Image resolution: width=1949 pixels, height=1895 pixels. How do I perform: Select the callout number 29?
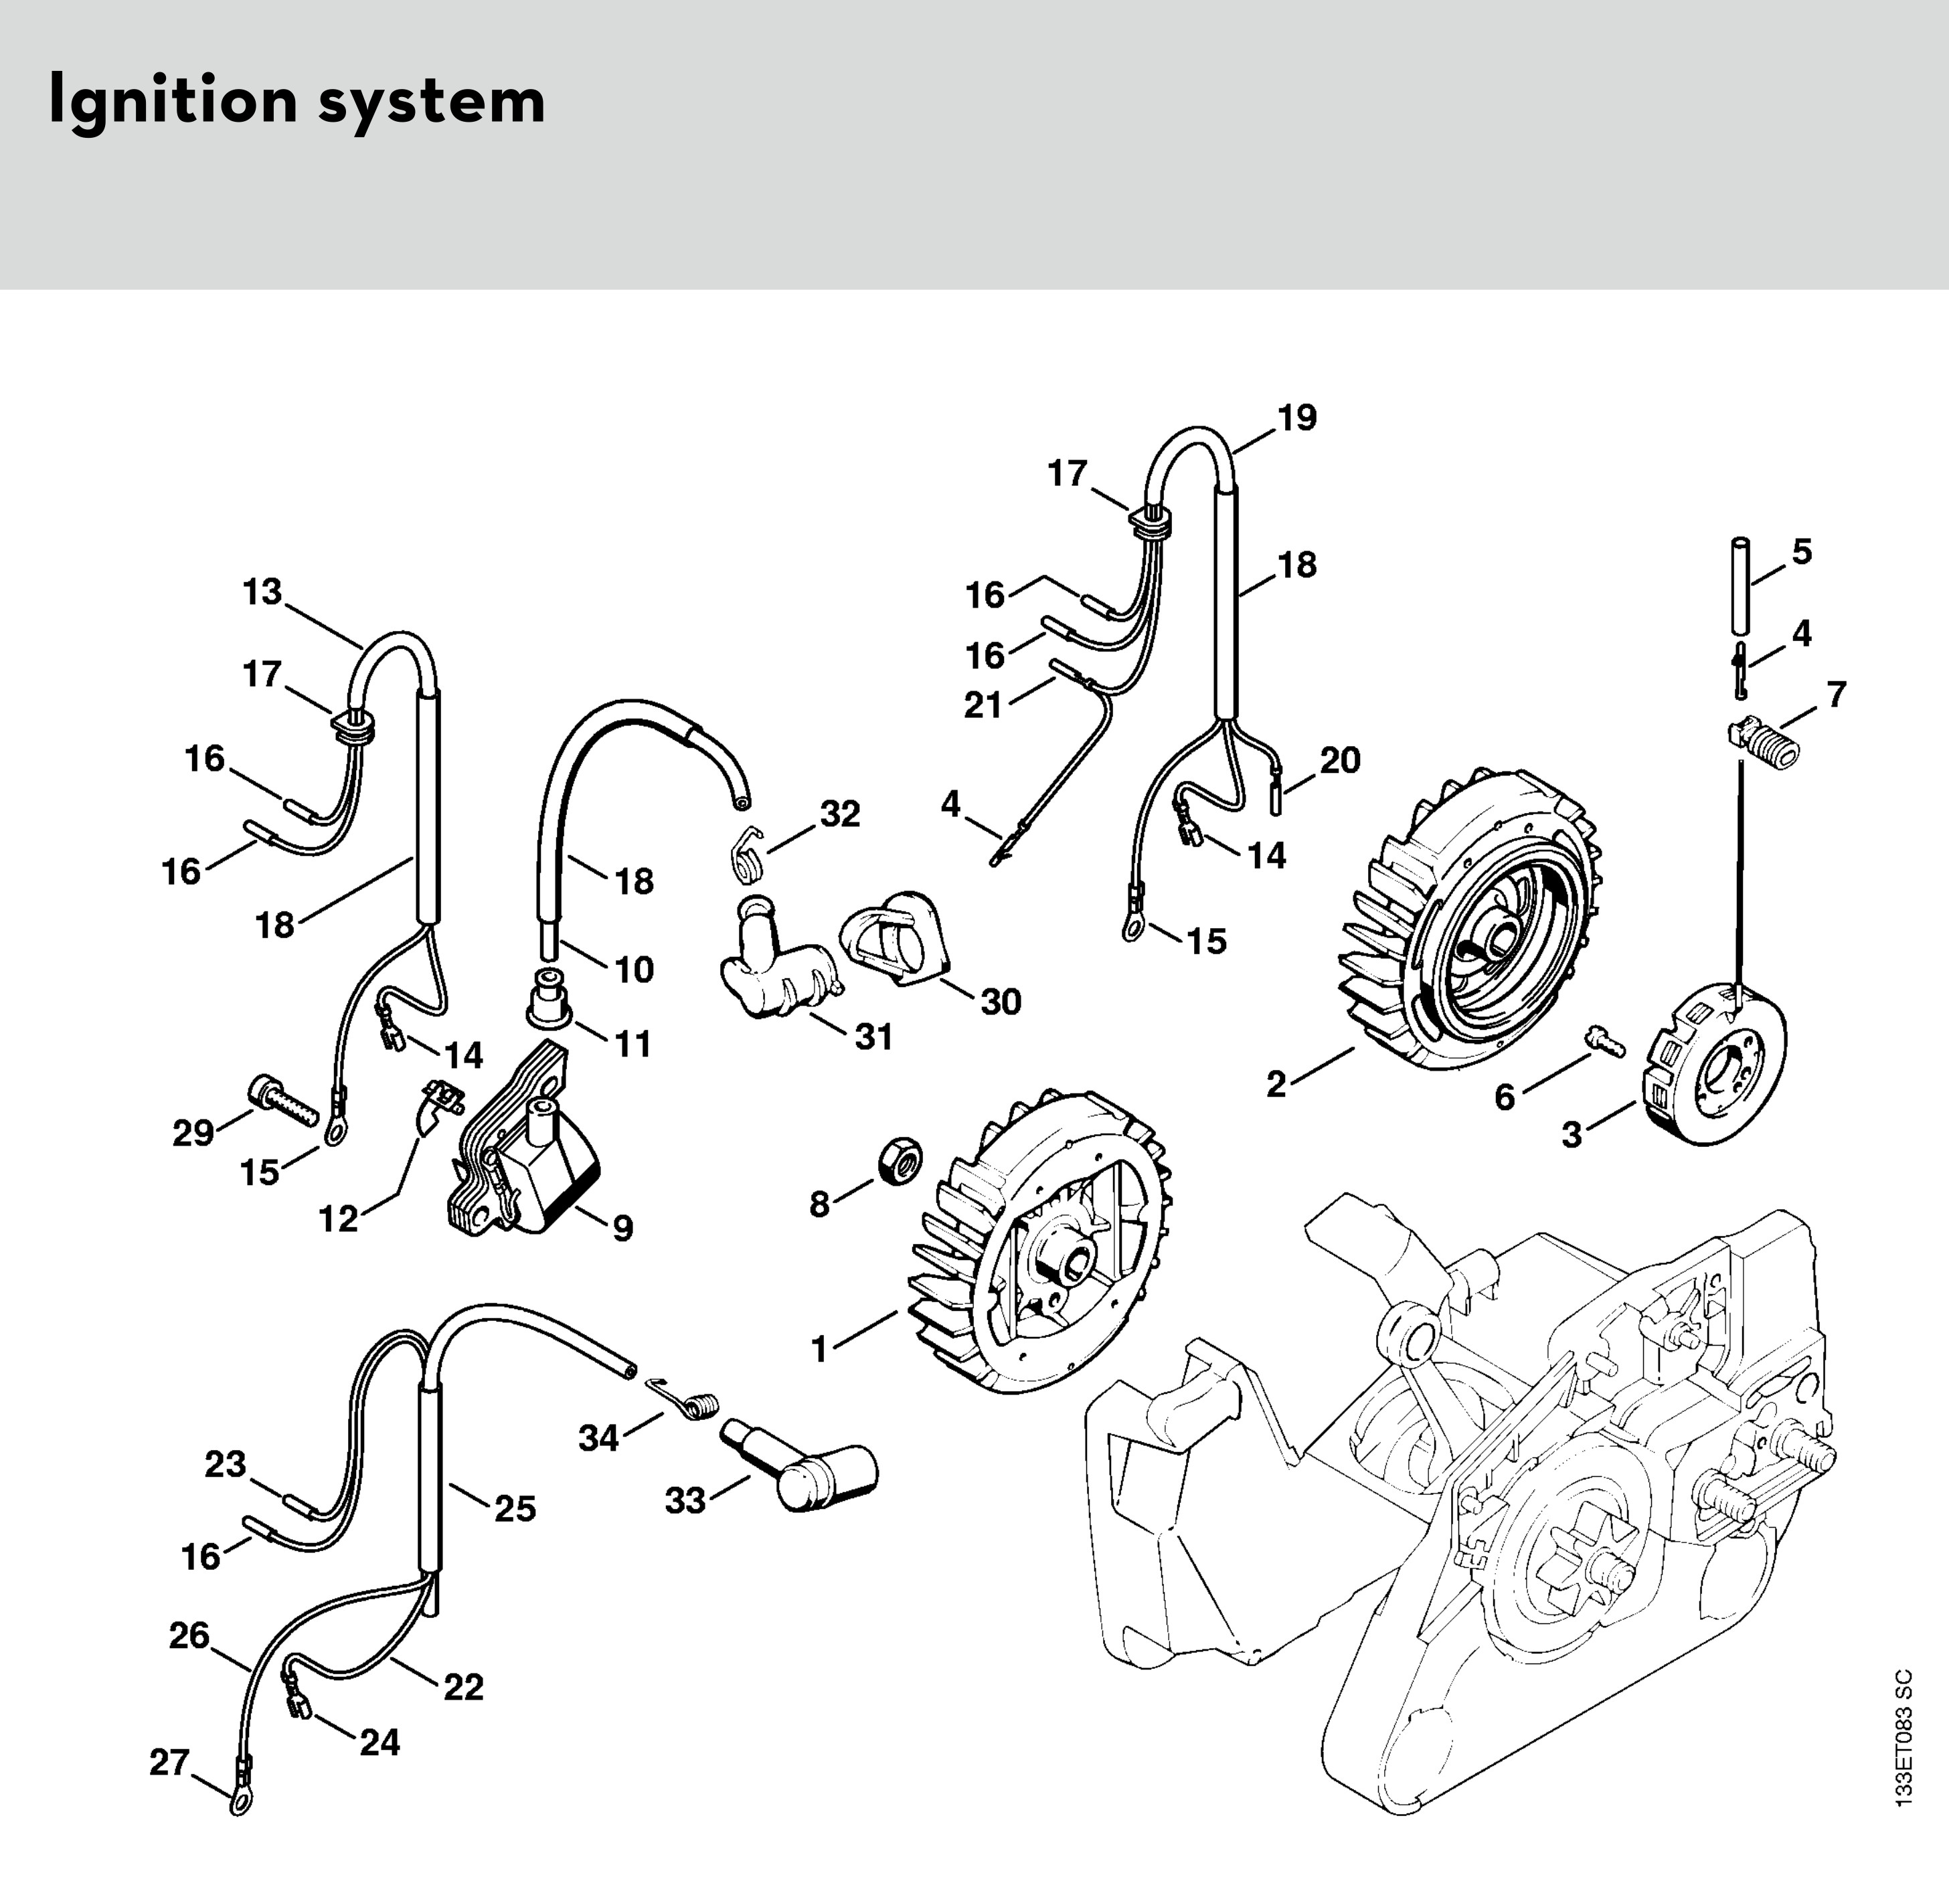coord(193,1133)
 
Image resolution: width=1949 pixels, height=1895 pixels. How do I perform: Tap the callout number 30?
coord(1001,1002)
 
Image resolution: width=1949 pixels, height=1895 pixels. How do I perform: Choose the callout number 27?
coord(169,1763)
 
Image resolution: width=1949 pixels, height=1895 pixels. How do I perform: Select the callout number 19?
coord(1297,419)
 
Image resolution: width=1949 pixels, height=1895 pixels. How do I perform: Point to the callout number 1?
coord(819,1350)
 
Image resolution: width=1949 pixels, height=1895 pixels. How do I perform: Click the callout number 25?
coord(515,1510)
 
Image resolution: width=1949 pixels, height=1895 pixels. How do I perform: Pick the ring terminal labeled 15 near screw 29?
coord(333,1130)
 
